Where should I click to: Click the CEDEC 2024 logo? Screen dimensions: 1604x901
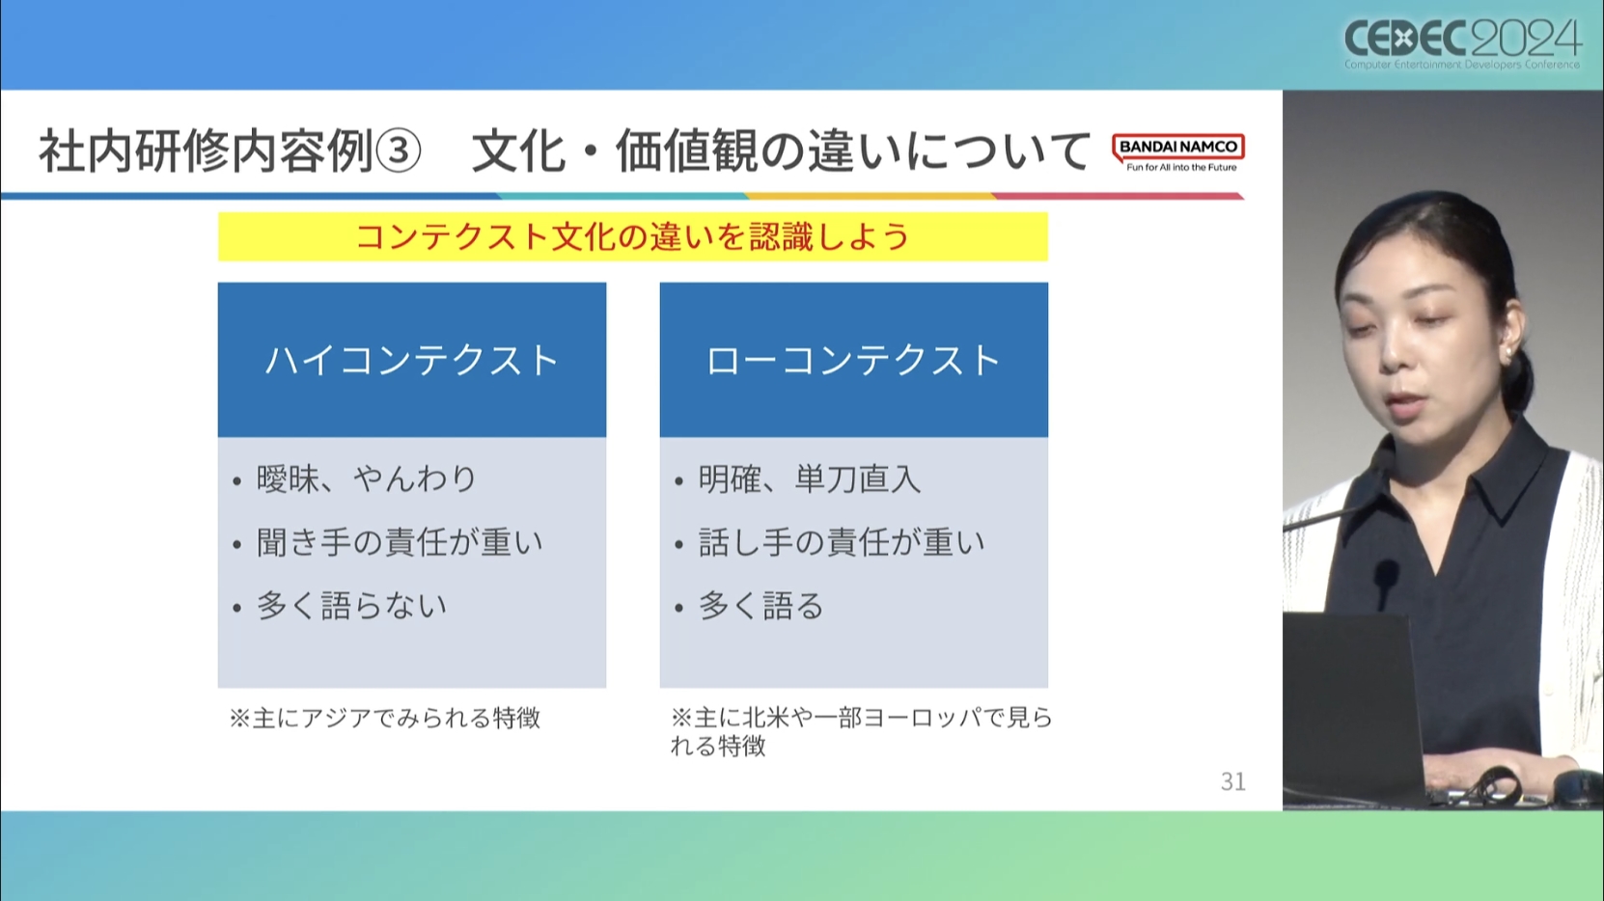click(1462, 43)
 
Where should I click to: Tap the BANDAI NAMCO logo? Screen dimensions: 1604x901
click(1178, 152)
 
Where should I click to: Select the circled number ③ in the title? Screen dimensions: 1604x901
click(399, 151)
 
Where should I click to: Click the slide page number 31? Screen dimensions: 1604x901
click(1232, 781)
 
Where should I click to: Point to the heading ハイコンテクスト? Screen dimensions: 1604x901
click(412, 360)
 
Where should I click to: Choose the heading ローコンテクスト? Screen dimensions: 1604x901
click(853, 360)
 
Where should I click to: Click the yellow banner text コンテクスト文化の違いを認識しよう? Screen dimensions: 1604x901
click(633, 237)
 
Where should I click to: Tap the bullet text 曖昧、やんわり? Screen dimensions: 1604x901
click(366, 478)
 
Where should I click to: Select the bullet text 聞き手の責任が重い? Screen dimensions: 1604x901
click(400, 542)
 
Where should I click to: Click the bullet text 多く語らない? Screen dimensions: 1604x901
click(351, 606)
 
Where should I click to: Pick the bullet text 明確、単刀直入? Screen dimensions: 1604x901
click(809, 478)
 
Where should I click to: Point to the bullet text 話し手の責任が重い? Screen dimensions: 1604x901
click(842, 542)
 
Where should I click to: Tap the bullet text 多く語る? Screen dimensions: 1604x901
click(761, 606)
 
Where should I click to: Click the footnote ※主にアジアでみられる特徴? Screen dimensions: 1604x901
click(384, 718)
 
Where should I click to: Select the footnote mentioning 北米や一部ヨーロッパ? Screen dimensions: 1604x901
click(862, 731)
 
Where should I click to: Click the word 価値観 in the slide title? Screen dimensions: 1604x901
click(687, 151)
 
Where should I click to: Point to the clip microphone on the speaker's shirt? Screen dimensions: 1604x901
click(1386, 581)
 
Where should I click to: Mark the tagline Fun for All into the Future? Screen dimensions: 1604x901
click(1181, 168)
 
